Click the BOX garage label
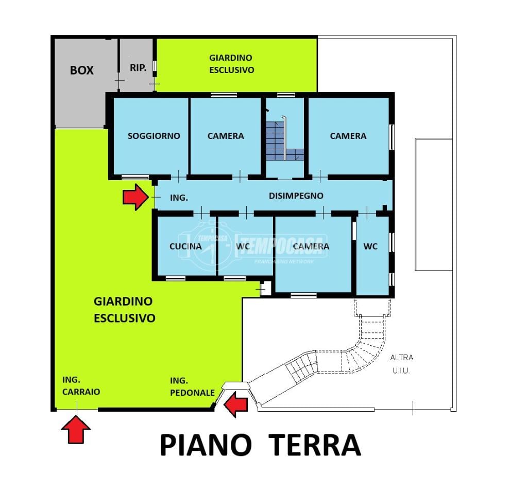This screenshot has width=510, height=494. (x=81, y=70)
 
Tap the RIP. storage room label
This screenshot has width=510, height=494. (x=138, y=68)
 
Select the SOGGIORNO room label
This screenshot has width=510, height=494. (x=154, y=136)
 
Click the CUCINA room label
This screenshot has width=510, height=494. (x=185, y=246)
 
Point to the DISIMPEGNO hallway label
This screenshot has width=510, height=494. (x=296, y=196)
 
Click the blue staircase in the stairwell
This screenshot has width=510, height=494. (x=285, y=141)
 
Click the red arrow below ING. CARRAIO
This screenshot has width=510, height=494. (x=76, y=430)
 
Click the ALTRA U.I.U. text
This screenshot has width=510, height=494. (x=402, y=364)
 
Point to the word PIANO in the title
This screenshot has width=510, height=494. (x=206, y=445)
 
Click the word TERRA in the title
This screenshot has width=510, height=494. (x=315, y=445)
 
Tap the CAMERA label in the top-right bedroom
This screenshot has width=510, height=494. (x=348, y=136)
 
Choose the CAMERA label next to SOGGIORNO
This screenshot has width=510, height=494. (x=226, y=136)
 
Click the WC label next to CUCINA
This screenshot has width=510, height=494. (x=243, y=246)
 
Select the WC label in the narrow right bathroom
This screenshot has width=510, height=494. (x=370, y=246)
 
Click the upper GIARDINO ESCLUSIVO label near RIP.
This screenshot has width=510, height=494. (x=231, y=64)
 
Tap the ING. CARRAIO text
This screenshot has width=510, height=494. (x=81, y=386)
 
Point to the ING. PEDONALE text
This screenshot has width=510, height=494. (x=192, y=387)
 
